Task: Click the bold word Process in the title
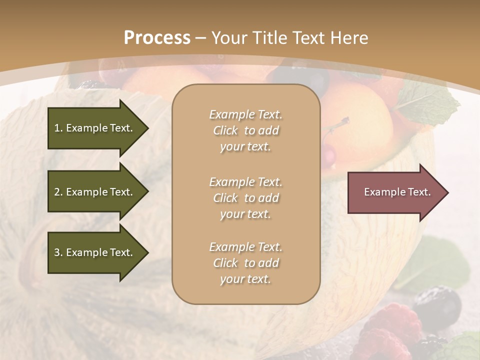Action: [x=157, y=38]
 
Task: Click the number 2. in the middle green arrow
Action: [x=58, y=192]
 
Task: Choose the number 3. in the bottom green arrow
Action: [x=58, y=252]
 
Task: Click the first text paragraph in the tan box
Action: [x=245, y=130]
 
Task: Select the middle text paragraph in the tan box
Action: [x=245, y=198]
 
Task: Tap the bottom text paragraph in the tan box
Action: [x=245, y=263]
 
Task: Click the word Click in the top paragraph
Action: [x=225, y=130]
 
